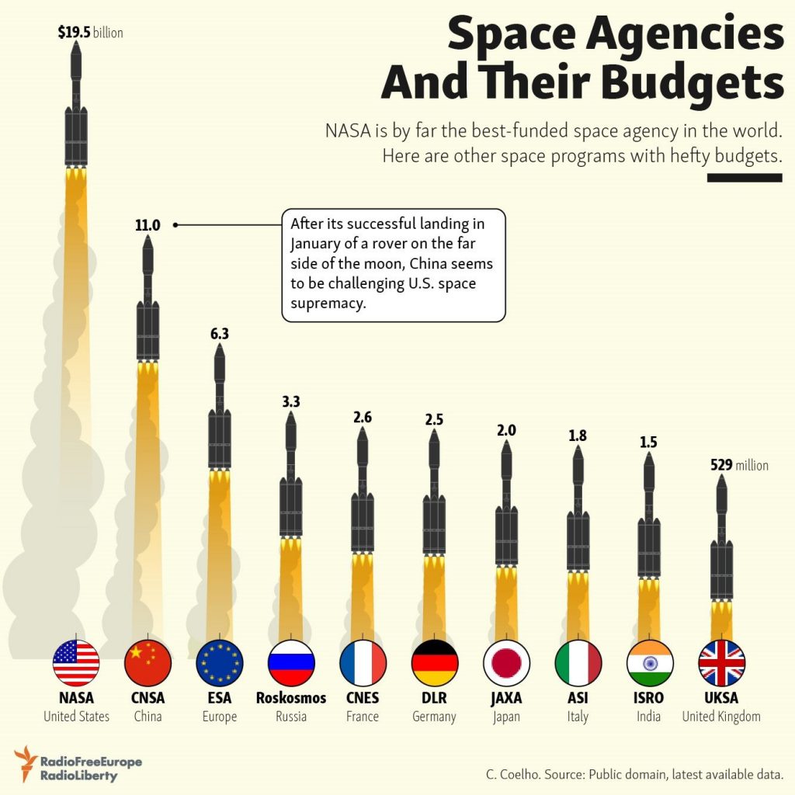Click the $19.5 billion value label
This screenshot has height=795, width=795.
90,33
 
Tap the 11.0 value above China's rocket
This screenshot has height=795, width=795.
148,226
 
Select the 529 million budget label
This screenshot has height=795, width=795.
739,465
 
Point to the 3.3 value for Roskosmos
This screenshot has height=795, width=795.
290,401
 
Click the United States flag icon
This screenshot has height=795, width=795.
76,662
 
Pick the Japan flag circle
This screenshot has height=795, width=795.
506,662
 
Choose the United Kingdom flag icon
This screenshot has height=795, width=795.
721,662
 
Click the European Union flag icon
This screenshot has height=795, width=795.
220,662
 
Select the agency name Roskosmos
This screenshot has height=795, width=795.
291,697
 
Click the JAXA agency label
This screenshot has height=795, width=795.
506,697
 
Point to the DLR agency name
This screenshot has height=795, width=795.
435,697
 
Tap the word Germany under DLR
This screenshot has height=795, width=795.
435,716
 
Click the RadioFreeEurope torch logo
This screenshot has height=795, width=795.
26,763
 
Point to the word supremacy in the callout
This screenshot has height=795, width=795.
328,304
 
